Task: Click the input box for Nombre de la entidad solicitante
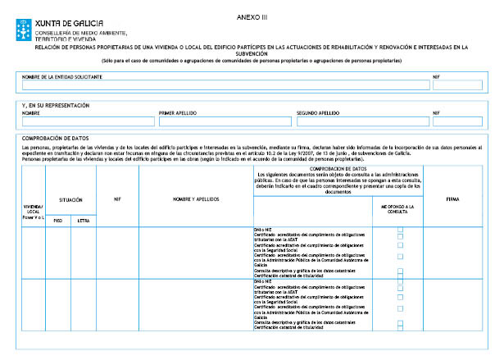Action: click(x=220, y=85)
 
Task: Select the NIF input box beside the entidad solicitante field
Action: click(x=457, y=85)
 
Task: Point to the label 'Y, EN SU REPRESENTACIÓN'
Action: click(x=56, y=106)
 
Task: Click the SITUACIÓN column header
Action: click(x=70, y=199)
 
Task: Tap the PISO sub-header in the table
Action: click(x=57, y=220)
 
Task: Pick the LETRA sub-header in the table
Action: click(x=83, y=220)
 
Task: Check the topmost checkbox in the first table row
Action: click(x=400, y=229)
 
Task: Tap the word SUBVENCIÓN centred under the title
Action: click(x=252, y=54)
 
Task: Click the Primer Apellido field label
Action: click(x=178, y=113)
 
